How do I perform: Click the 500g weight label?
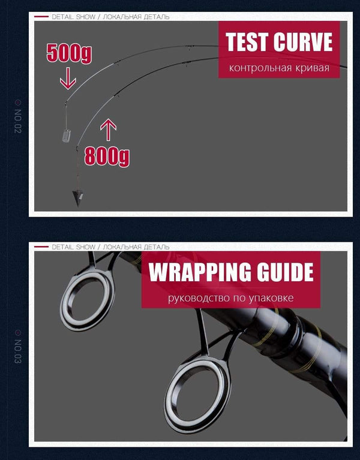coord(69,53)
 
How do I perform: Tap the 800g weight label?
coord(107,157)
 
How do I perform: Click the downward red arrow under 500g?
coord(68,79)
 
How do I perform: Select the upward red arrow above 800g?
coord(108,130)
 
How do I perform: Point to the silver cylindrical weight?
coord(67,136)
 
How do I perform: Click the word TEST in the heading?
coord(248,41)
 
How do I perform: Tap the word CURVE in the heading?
coord(304,41)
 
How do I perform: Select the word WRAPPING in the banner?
coord(200,272)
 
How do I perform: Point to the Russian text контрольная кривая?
coord(279,68)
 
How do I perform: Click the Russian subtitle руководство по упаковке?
coord(230,298)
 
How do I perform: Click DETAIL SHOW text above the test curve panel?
coord(73,17)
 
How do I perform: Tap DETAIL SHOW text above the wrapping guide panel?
coord(73,247)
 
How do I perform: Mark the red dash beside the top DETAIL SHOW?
coord(41,17)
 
